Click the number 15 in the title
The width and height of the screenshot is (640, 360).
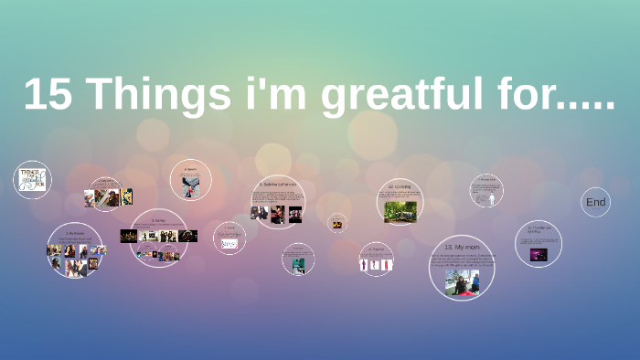48,95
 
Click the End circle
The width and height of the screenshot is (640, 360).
595,202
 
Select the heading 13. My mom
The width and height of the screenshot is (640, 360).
462,247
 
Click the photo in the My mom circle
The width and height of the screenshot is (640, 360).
462,281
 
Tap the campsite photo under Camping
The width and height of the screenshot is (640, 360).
400,211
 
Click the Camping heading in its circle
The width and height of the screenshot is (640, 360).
399,187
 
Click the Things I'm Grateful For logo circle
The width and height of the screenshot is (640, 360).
32,179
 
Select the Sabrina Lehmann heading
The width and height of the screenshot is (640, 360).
278,183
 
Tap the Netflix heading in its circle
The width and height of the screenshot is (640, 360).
159,219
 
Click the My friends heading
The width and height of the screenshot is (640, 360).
74,234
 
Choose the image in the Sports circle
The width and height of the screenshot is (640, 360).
191,185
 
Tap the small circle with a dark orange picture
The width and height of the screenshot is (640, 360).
337,224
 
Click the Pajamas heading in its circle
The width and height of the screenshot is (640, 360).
376,249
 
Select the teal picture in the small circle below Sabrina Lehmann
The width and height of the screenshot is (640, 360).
298,265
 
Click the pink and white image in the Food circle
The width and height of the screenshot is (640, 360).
229,244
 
